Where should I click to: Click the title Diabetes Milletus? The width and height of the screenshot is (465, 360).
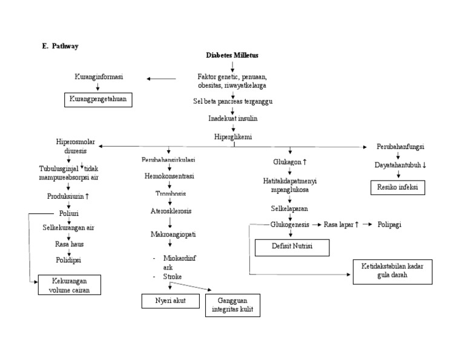click(x=232, y=55)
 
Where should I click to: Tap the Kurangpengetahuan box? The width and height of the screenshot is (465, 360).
click(x=98, y=99)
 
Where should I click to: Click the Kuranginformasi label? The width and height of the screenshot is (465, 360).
click(x=99, y=78)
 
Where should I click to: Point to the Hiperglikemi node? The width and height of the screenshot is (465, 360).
click(x=232, y=136)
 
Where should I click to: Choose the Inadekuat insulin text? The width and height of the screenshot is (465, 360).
click(x=232, y=118)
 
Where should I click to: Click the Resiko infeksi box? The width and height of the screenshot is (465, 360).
click(x=398, y=188)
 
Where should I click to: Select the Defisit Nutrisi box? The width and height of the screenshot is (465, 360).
click(x=292, y=247)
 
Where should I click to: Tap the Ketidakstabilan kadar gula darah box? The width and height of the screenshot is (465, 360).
click(x=392, y=270)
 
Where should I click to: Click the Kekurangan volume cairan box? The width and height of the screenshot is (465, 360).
click(x=69, y=284)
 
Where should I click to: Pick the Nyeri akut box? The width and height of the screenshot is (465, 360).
click(x=170, y=301)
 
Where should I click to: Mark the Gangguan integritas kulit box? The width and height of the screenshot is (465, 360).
click(x=232, y=305)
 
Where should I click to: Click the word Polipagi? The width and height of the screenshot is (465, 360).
click(x=390, y=224)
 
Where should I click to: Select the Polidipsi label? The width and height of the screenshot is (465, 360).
click(x=68, y=259)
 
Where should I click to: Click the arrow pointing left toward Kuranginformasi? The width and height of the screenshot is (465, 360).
click(x=161, y=78)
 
